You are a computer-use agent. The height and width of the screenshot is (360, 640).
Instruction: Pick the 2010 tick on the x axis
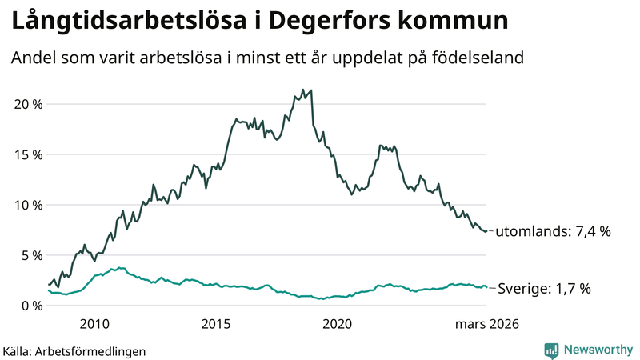[x=94, y=324]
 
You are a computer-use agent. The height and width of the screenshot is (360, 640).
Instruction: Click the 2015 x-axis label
[x=216, y=324]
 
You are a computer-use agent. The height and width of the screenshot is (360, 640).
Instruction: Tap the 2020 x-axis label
[x=338, y=324]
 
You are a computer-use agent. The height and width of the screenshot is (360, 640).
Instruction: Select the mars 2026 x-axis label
[x=486, y=324]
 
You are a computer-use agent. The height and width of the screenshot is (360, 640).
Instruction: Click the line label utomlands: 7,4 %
[x=553, y=232]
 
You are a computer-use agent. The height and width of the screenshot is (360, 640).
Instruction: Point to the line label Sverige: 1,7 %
[x=544, y=289]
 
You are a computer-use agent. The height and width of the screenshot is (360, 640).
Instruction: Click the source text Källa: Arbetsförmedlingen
[x=74, y=350]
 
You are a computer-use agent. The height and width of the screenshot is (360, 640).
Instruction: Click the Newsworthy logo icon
[x=551, y=350]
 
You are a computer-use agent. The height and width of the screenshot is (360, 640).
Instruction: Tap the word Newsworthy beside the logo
[x=598, y=350]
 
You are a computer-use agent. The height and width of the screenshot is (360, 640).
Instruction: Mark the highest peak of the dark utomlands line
[x=302, y=90]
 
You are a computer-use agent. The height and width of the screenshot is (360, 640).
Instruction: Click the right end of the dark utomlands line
[x=486, y=231]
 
